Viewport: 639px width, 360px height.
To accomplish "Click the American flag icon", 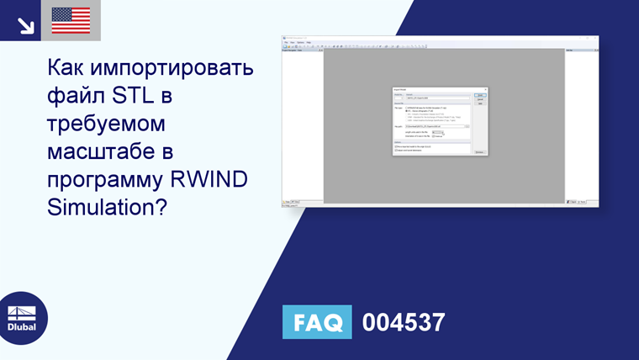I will (71, 20).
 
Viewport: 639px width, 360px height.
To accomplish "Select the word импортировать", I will (179, 69).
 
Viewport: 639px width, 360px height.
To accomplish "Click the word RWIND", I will (225, 179).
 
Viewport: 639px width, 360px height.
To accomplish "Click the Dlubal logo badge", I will (22, 318).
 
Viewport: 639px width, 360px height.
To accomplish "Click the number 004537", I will (403, 323).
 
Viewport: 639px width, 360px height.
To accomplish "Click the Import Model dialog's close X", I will (487, 89).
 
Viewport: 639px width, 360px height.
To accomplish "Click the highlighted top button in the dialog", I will (480, 95).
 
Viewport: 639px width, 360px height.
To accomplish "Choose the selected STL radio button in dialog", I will (406, 111).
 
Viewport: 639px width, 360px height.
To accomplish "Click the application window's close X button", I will (595, 38).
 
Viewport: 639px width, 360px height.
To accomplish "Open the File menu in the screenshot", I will (286, 42).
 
